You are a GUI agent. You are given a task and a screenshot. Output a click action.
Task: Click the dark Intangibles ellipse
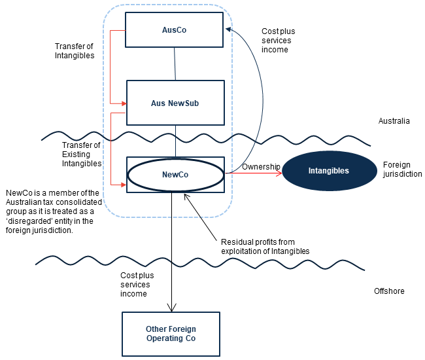click(x=330, y=171)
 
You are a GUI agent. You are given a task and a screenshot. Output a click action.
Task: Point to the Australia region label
click(x=394, y=121)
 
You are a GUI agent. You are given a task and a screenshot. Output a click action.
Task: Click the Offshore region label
click(x=389, y=291)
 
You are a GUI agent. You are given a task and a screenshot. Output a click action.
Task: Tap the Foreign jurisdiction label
click(x=402, y=170)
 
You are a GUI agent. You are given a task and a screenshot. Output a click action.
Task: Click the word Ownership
click(x=261, y=167)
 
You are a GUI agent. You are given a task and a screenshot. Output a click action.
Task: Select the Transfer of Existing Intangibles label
click(x=82, y=154)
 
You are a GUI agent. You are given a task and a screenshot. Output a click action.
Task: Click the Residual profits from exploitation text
click(x=265, y=247)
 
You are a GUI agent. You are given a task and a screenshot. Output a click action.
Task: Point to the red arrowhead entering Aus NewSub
click(x=124, y=103)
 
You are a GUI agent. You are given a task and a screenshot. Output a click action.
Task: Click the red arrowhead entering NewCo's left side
click(x=124, y=185)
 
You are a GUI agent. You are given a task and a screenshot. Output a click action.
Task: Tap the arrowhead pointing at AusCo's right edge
click(x=228, y=29)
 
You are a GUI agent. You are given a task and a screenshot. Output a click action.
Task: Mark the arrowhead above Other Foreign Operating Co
click(x=171, y=308)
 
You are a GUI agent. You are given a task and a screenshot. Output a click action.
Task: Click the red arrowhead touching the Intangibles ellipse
click(x=279, y=173)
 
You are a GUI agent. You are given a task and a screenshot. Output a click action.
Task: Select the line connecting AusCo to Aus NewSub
click(x=175, y=63)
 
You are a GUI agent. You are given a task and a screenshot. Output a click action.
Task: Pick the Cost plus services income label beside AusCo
click(x=278, y=41)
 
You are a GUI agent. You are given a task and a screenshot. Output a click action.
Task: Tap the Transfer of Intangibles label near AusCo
click(x=75, y=51)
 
